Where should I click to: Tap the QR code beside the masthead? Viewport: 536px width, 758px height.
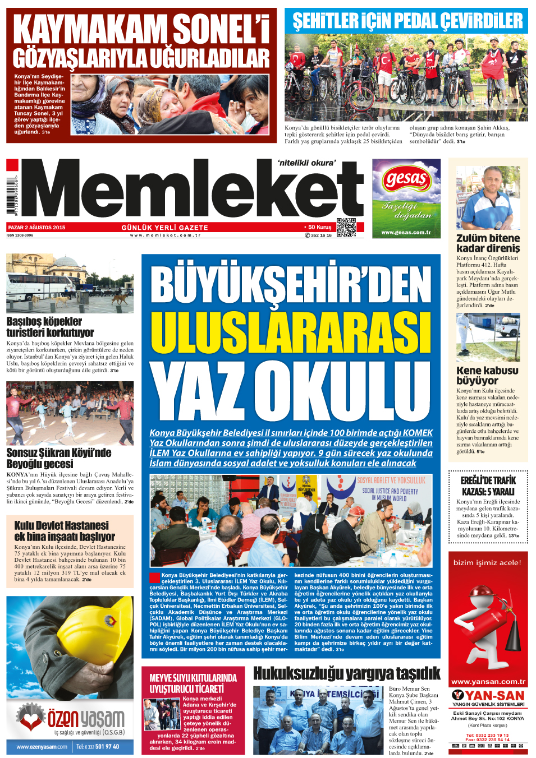(346, 227)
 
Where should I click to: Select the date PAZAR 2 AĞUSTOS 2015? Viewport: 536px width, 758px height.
(37, 228)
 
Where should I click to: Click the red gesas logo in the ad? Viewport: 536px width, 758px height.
(406, 180)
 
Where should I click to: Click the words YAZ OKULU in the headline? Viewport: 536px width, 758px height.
(290, 391)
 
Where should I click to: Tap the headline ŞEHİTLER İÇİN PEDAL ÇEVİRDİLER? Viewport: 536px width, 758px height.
(407, 22)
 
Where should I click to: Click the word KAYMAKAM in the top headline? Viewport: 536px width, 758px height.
(90, 29)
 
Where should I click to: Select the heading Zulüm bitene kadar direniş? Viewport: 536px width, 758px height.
(488, 243)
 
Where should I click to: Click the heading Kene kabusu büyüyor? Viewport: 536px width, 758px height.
(487, 375)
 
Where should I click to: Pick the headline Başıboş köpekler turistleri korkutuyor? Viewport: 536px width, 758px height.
(51, 327)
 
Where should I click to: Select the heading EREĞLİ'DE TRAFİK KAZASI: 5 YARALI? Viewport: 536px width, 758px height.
(488, 486)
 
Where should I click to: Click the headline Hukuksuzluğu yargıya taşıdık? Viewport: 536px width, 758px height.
(346, 673)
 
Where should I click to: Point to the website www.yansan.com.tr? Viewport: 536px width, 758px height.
(488, 682)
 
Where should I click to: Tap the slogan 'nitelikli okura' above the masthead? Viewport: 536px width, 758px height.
(306, 163)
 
